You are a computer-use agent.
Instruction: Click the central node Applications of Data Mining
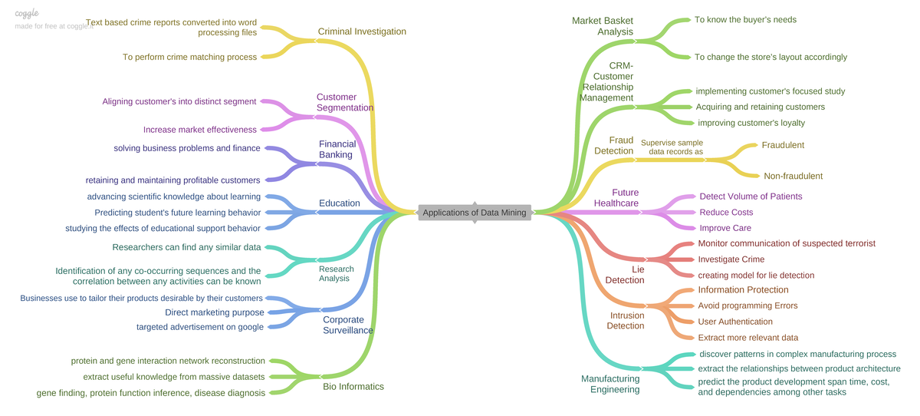[475, 213]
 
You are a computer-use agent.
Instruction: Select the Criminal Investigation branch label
[362, 31]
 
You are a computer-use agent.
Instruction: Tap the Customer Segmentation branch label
[344, 102]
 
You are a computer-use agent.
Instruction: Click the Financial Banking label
[337, 149]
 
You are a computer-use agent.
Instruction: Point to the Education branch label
[339, 203]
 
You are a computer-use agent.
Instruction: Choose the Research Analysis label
[336, 273]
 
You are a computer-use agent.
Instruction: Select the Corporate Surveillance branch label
[347, 325]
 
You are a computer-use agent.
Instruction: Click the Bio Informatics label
[353, 386]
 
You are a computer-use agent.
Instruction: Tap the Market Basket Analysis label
[603, 26]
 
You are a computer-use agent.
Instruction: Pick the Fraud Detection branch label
[614, 145]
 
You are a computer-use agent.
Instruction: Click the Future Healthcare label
[617, 198]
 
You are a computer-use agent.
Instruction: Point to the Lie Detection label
[625, 275]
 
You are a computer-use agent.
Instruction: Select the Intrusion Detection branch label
[626, 320]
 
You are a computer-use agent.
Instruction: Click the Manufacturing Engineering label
[610, 384]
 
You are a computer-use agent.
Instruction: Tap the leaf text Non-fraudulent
[793, 176]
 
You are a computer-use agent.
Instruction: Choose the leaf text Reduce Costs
[726, 212]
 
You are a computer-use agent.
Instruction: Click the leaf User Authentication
[734, 322]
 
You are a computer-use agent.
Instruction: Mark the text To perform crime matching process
[189, 57]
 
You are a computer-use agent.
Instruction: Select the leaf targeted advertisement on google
[199, 327]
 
